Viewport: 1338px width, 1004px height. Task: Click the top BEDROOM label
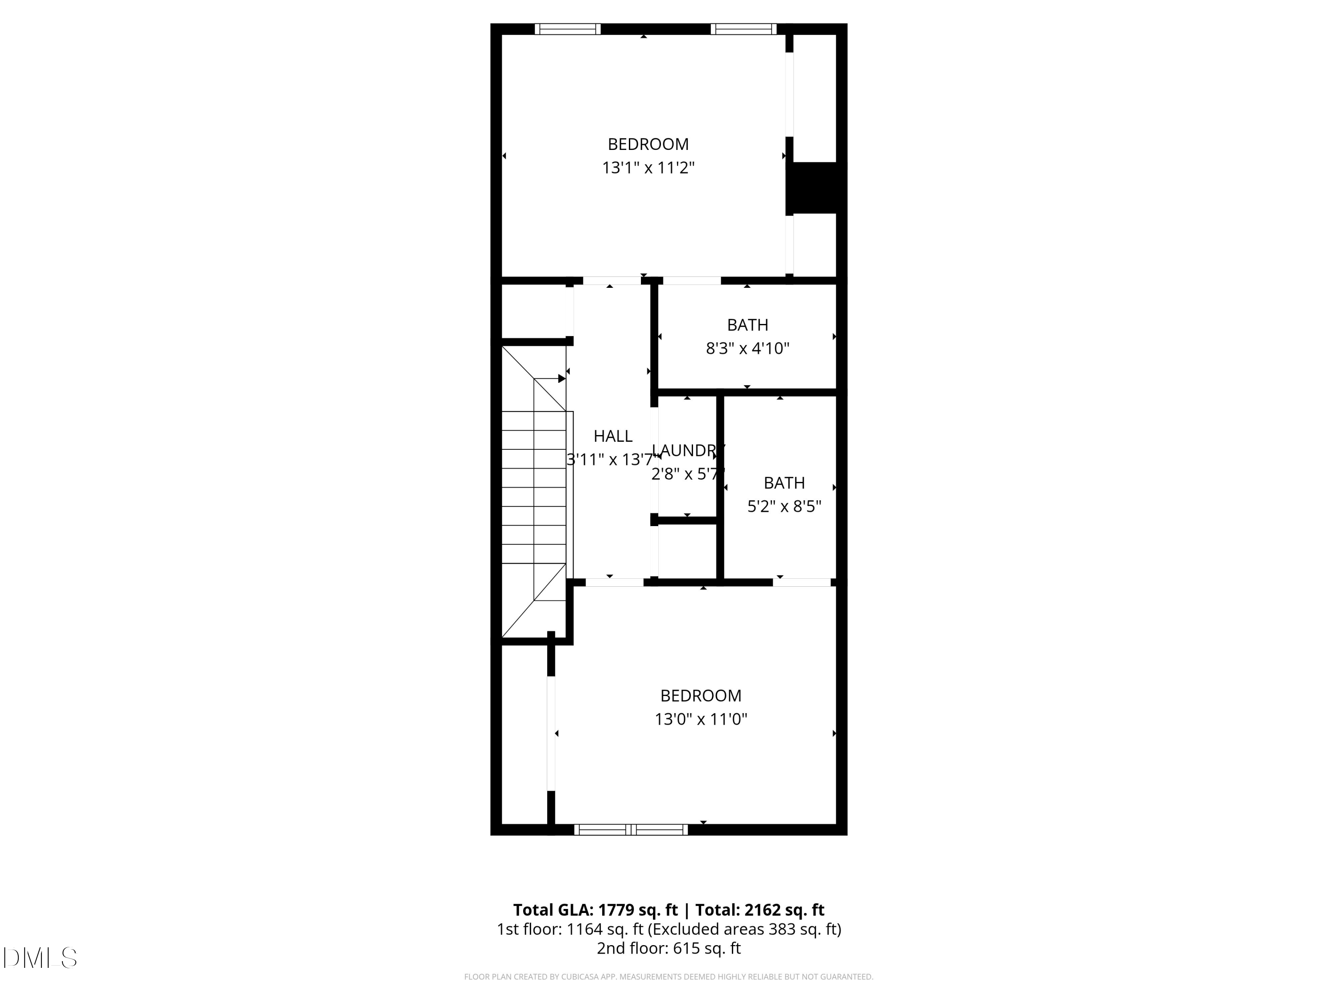point(648,144)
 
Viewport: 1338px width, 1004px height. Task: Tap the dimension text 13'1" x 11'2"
point(648,168)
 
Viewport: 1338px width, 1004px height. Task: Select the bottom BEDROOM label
point(701,695)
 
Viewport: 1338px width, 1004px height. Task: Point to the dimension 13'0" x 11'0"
point(701,719)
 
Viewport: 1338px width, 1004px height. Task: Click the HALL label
point(613,436)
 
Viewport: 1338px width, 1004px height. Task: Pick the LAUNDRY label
point(687,450)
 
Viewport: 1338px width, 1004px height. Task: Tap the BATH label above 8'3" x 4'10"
point(747,325)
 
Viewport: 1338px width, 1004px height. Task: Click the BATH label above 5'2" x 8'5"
point(784,483)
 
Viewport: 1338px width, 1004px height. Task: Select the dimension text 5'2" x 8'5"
point(784,506)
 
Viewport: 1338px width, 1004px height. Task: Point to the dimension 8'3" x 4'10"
point(747,348)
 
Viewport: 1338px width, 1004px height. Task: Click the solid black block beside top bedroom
point(814,187)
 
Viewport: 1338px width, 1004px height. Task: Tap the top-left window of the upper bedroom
point(567,29)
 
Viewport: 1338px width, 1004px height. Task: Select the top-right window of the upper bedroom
point(743,29)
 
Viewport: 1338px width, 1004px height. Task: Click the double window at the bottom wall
point(631,830)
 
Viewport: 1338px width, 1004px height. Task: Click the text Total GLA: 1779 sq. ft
point(595,909)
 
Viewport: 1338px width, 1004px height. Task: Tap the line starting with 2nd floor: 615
point(669,948)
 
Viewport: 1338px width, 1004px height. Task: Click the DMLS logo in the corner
point(40,958)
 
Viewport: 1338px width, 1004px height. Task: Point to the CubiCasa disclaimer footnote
point(669,977)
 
